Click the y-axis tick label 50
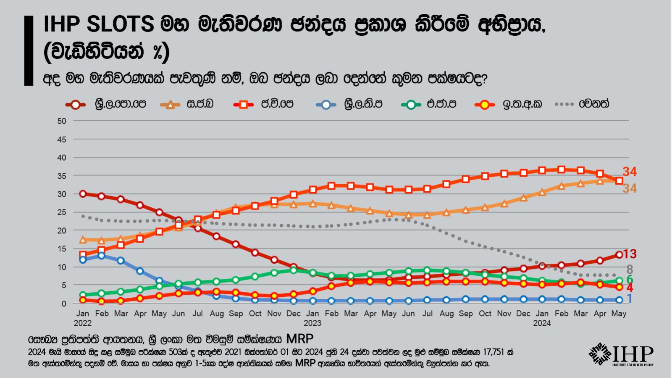tap(62, 121)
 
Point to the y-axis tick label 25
tap(62, 212)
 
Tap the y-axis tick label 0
tap(64, 304)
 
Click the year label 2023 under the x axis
tap(312, 323)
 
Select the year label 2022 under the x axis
tap(83, 323)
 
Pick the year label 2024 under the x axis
tap(542, 323)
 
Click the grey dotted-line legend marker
tap(564, 104)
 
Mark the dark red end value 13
tap(630, 254)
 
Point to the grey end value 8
tap(630, 269)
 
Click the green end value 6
tap(630, 280)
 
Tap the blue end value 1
tap(630, 299)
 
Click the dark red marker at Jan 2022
tap(83, 194)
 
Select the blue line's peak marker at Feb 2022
tap(101, 255)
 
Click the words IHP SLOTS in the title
tap(99, 24)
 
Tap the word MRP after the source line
tap(300, 339)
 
